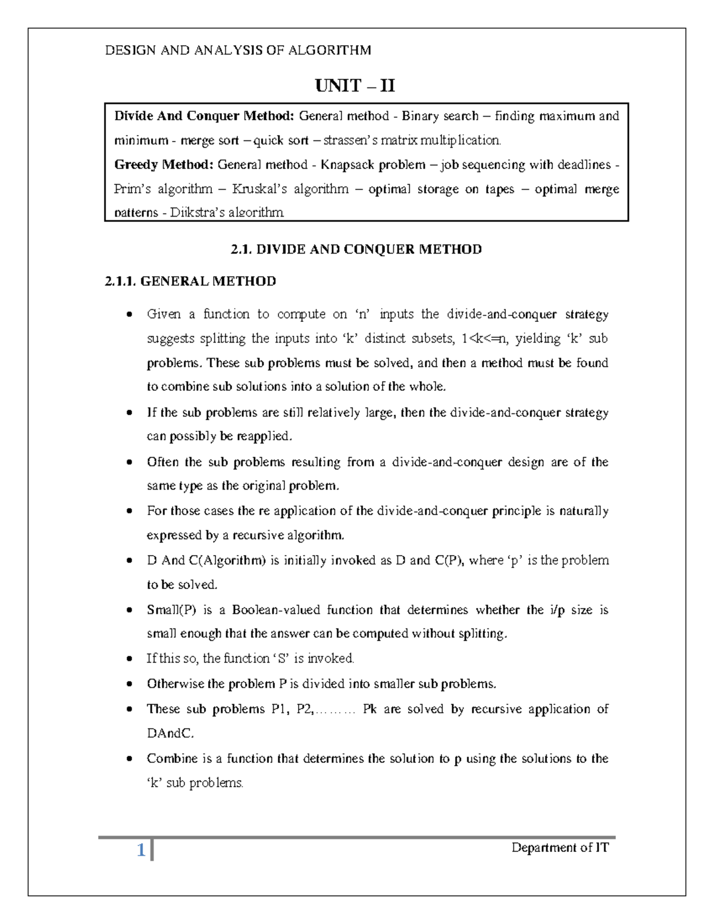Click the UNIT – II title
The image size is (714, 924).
pyautogui.click(x=355, y=87)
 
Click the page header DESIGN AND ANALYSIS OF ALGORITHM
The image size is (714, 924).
pyautogui.click(x=238, y=50)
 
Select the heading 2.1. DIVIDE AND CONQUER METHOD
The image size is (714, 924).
pyautogui.click(x=356, y=249)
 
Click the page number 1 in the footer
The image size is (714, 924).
pyautogui.click(x=141, y=851)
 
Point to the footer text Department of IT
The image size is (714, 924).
pyautogui.click(x=560, y=848)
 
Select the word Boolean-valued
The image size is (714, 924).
pyautogui.click(x=276, y=610)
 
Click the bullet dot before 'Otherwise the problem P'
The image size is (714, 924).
pyautogui.click(x=130, y=684)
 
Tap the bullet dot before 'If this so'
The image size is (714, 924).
pyautogui.click(x=130, y=659)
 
